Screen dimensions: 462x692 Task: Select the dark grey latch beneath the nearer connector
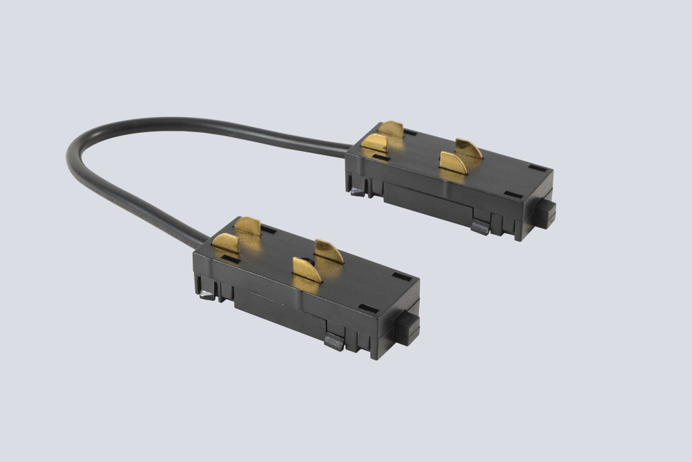tap(334, 341)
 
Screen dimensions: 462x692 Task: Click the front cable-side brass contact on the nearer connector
tap(225, 243)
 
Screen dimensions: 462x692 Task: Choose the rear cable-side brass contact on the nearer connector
tap(248, 225)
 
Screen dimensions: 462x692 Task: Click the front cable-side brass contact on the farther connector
tap(375, 143)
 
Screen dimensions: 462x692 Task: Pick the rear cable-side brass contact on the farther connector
tap(392, 129)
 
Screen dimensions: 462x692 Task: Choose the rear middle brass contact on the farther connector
tap(469, 148)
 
